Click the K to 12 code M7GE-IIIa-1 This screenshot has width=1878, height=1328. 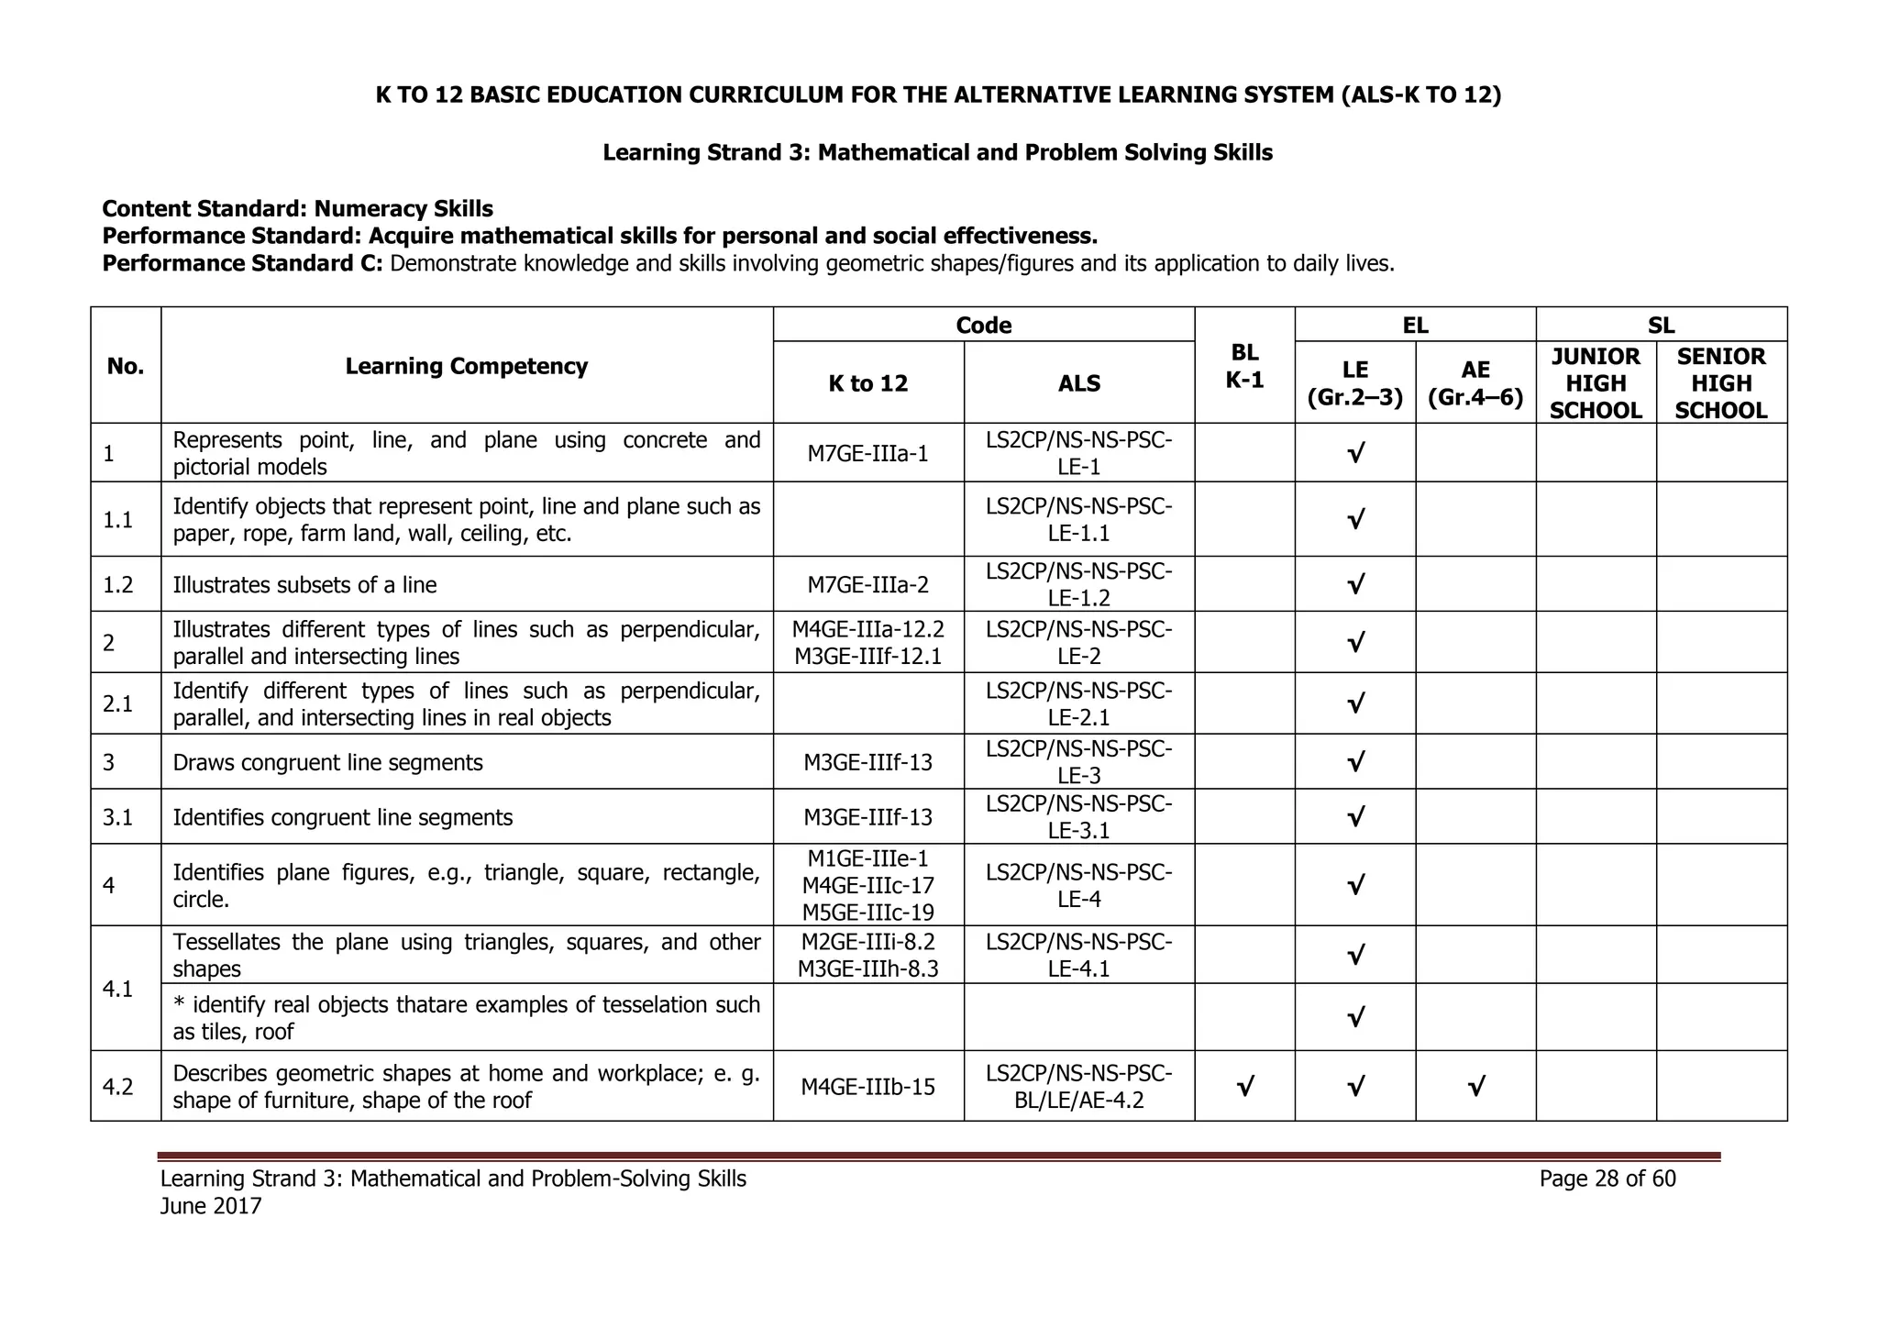[x=867, y=453]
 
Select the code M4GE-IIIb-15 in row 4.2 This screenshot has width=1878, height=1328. [x=867, y=1087]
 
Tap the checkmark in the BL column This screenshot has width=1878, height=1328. [x=1244, y=1088]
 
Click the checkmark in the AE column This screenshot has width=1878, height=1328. [x=1475, y=1088]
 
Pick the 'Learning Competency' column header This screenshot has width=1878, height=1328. [x=466, y=366]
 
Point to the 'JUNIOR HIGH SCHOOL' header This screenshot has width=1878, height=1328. [x=1595, y=383]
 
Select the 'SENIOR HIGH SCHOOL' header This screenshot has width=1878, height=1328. [x=1720, y=383]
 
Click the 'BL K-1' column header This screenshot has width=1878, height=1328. [x=1244, y=366]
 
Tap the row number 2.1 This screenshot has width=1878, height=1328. [x=118, y=703]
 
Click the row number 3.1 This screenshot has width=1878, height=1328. [x=118, y=817]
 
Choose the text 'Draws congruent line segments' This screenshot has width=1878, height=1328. [x=327, y=762]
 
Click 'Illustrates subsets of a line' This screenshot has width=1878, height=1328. [x=304, y=585]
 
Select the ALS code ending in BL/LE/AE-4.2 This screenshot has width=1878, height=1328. [x=1078, y=1087]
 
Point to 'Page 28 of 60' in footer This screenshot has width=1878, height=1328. [x=1607, y=1179]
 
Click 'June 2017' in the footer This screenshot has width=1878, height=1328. [x=211, y=1206]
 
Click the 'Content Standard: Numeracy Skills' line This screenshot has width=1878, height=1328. [x=297, y=209]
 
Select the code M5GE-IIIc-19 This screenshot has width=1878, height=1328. [x=867, y=912]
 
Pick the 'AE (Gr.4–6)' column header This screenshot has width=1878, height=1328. [x=1475, y=383]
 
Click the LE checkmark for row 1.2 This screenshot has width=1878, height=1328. [x=1355, y=584]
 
